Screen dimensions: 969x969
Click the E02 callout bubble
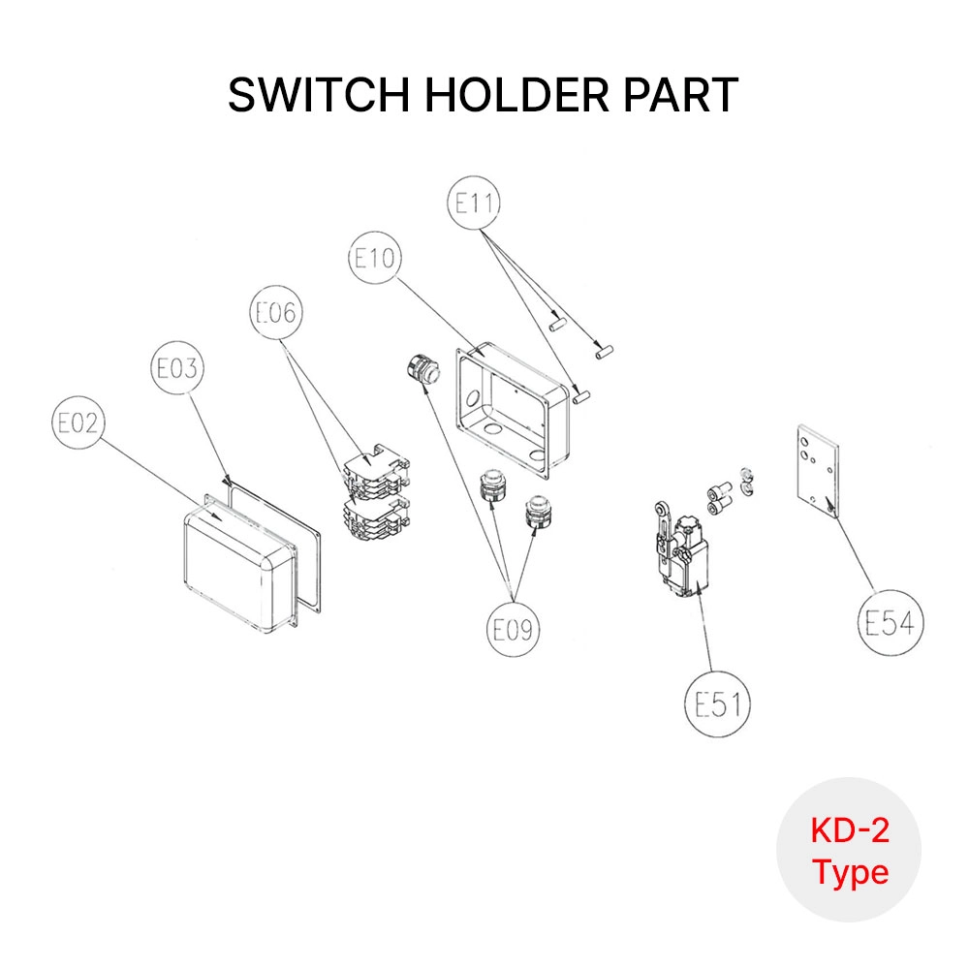(x=78, y=423)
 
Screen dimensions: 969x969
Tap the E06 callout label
(x=275, y=312)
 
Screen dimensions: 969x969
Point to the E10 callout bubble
(x=374, y=258)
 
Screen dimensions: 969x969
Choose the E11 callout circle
(x=475, y=203)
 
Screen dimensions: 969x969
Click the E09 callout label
(x=512, y=630)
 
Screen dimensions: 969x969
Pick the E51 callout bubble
(x=718, y=704)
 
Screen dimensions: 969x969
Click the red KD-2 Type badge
(x=850, y=850)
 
